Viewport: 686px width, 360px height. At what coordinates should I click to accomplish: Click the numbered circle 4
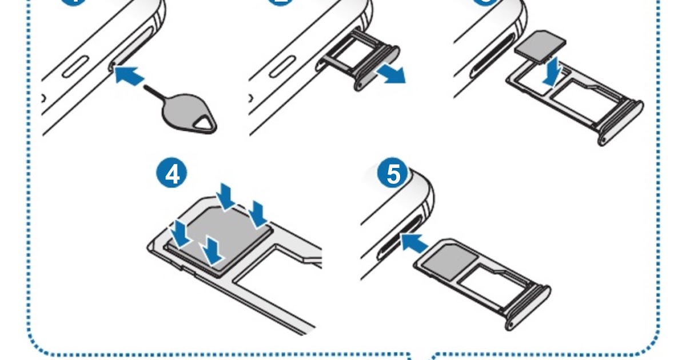(x=172, y=174)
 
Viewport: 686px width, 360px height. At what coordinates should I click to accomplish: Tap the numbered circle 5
(x=393, y=174)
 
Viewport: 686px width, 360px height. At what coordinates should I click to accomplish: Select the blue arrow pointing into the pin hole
(x=129, y=75)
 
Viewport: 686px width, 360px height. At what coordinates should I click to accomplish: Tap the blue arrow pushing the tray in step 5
(x=414, y=243)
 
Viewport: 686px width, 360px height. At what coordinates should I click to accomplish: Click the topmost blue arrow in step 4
(x=227, y=195)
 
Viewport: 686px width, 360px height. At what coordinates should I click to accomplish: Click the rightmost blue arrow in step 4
(x=258, y=214)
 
